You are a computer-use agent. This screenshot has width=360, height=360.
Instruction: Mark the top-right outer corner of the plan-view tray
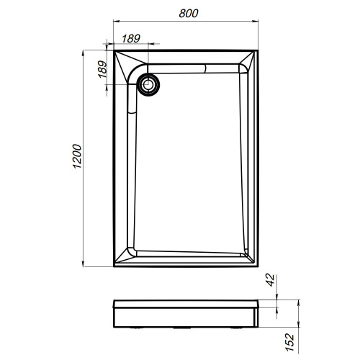[258, 49]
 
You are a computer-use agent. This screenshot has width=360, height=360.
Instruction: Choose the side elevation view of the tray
[186, 314]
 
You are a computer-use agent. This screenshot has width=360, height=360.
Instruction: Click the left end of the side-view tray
[114, 315]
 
